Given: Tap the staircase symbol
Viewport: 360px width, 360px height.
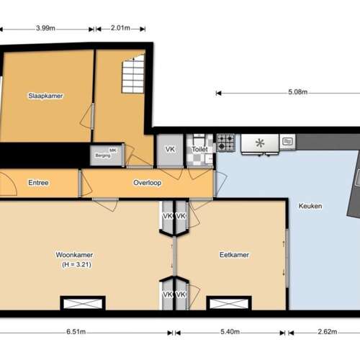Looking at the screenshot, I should click(x=133, y=76).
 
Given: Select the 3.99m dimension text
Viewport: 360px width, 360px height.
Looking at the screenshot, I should click(x=47, y=29).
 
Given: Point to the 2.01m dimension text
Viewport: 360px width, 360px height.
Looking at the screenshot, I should click(x=120, y=29).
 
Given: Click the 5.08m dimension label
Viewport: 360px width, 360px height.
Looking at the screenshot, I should click(x=297, y=92).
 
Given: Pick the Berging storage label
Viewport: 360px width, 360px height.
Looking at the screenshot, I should click(x=102, y=153).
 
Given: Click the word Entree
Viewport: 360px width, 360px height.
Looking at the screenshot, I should click(x=38, y=183).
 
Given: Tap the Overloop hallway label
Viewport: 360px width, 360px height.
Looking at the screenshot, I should click(x=148, y=183).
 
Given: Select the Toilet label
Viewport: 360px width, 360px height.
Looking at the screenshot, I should click(x=199, y=150).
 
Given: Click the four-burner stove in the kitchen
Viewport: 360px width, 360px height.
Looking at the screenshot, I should click(x=226, y=143).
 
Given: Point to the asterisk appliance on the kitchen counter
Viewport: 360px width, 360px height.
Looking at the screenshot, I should click(x=260, y=143).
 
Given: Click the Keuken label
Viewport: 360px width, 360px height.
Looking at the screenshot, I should click(x=310, y=207).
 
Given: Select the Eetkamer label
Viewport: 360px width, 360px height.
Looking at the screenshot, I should click(x=235, y=255).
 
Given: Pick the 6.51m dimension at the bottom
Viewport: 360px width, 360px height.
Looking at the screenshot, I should click(x=74, y=333).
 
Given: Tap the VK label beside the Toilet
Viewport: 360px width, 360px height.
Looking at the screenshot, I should click(x=170, y=150).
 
